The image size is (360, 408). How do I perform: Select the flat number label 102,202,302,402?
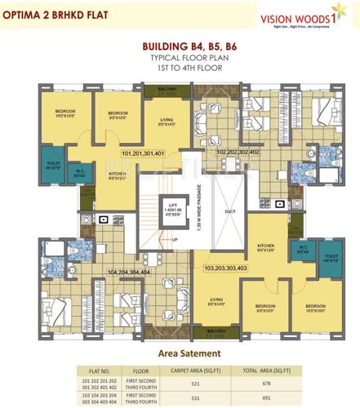238,152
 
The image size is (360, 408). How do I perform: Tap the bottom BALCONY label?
216,331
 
